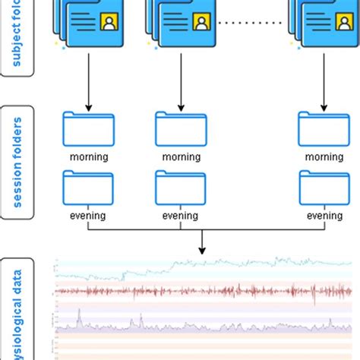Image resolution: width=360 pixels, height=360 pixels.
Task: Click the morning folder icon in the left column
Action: coord(88,130)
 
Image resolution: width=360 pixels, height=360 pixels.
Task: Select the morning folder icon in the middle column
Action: coord(181,130)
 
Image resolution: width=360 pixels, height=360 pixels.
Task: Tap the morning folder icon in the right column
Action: coord(324,130)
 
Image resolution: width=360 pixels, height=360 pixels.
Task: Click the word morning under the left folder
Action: coord(88,157)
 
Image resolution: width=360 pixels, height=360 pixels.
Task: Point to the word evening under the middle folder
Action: coord(181,216)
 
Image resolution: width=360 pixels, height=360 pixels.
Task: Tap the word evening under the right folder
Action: coord(324,216)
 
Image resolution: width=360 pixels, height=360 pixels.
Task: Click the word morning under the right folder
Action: coord(324,157)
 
